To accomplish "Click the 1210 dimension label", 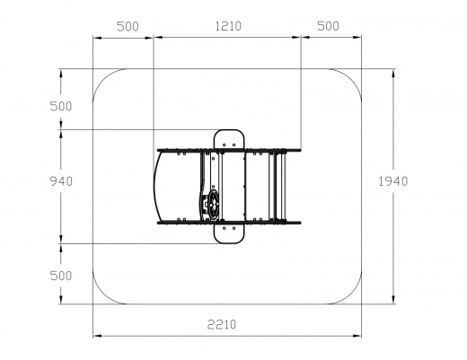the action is click(228, 26).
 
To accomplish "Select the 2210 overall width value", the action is click(222, 324).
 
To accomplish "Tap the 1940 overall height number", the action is click(393, 181).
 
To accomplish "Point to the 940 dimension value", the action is click(61, 181).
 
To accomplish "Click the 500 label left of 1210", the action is click(128, 27).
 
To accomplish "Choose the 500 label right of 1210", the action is click(328, 26).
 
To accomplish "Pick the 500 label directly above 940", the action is click(61, 106).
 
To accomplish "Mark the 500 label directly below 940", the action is click(61, 276).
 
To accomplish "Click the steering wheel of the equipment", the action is click(214, 206).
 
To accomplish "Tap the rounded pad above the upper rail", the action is click(229, 139).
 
